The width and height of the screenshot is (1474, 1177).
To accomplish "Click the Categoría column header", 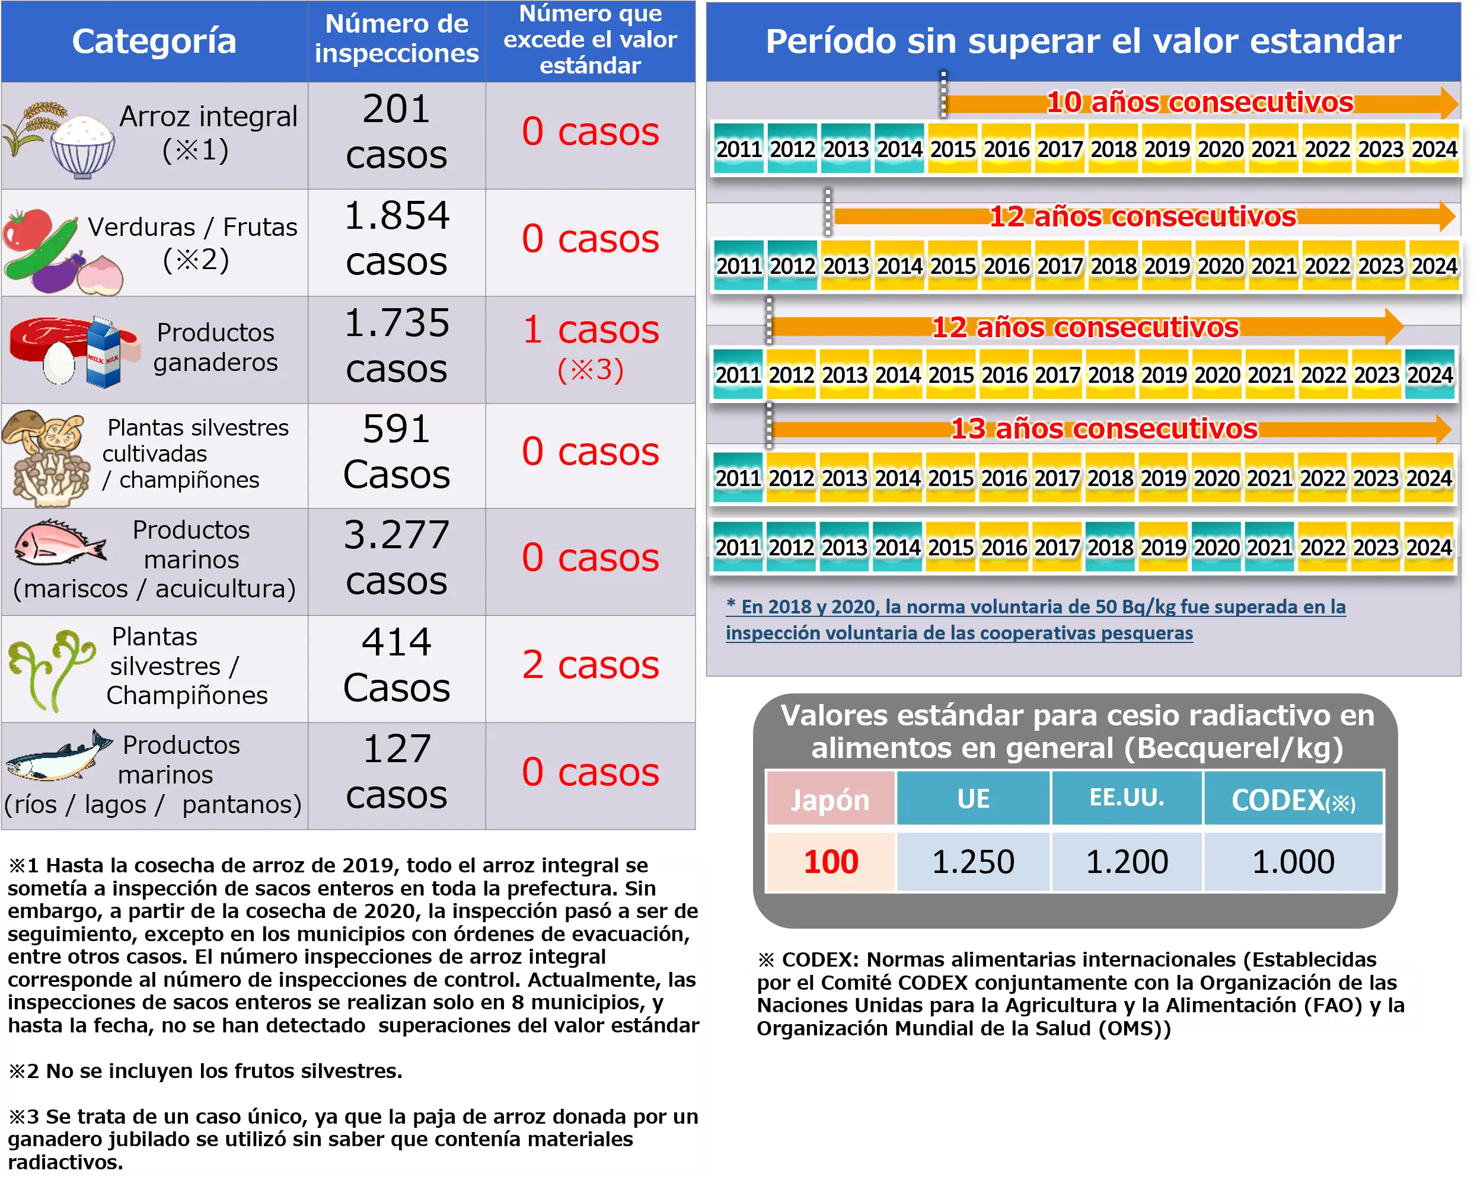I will click(x=154, y=41).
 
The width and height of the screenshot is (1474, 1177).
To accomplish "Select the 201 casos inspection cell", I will click(x=397, y=132).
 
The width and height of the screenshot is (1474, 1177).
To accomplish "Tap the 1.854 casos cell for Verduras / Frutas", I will click(x=397, y=239).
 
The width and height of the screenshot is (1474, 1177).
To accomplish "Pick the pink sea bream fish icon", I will click(x=58, y=543).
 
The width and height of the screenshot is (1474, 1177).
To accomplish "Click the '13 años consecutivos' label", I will click(x=1103, y=429).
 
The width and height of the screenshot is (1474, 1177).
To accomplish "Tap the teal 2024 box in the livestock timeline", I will click(x=1430, y=375).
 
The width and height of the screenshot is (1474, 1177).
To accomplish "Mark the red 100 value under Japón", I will click(x=831, y=861).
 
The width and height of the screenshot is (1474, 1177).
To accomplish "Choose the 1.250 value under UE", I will click(x=973, y=861).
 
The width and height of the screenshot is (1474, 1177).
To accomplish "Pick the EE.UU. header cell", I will click(x=1126, y=798).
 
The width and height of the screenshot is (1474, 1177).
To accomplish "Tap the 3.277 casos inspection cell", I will click(x=397, y=557).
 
